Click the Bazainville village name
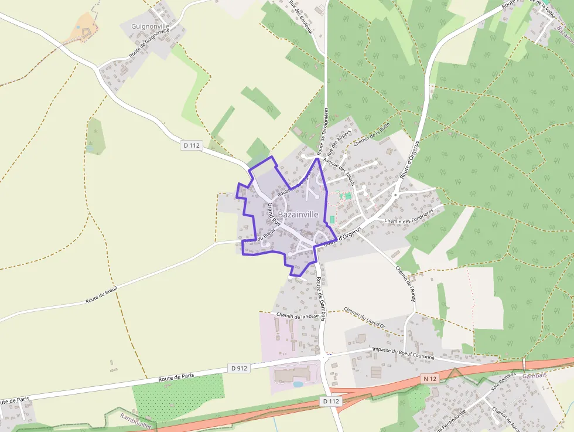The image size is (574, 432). [x=298, y=215]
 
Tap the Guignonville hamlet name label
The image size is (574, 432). [x=150, y=26]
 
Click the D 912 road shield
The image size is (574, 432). [x=239, y=368]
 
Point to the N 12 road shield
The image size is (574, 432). [x=430, y=379]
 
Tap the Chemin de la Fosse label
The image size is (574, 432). [x=297, y=316]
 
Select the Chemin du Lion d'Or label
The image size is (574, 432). [x=364, y=317]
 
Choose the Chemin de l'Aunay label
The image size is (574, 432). [x=405, y=284]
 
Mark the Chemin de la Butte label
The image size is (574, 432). [x=371, y=138]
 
